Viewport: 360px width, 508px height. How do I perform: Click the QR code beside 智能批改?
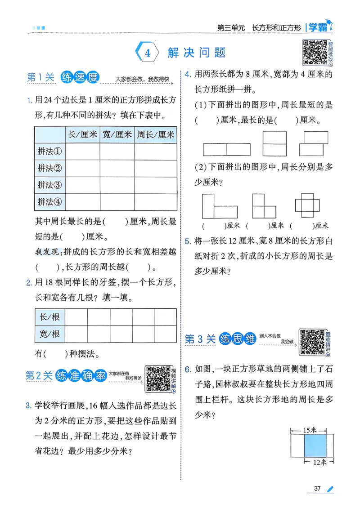(x=314, y=52)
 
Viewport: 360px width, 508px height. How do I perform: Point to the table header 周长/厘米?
(x=155, y=134)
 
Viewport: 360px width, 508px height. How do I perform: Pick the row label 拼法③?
(x=49, y=185)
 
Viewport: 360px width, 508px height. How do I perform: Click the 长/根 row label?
(x=49, y=317)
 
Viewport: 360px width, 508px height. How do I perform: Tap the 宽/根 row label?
(x=49, y=334)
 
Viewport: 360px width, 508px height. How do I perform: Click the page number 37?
(x=317, y=489)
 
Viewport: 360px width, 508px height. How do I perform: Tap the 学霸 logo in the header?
(x=319, y=27)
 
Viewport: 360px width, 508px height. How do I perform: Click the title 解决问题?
(x=196, y=53)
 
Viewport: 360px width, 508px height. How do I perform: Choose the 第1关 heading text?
(x=40, y=77)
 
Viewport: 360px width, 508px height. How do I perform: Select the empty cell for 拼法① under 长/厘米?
(x=82, y=151)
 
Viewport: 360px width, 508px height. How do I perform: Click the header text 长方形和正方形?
(x=276, y=27)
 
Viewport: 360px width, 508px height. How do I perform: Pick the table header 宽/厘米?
(x=117, y=134)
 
